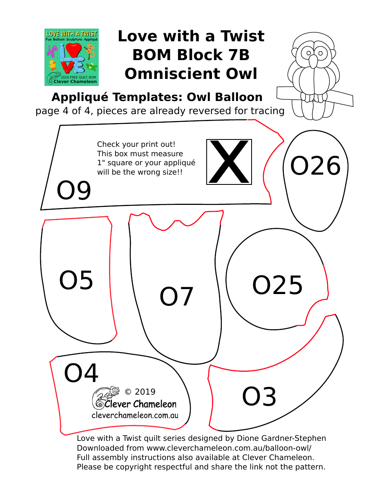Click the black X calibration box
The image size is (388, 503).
click(229, 162)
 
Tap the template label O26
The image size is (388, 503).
click(315, 166)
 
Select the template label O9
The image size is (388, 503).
click(74, 191)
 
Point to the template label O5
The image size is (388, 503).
click(76, 281)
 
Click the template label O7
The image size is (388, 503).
click(176, 297)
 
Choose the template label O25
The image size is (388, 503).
click(277, 285)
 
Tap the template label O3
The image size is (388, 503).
click(259, 397)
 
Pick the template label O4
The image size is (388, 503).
click(81, 373)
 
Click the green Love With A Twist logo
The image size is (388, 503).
click(71, 57)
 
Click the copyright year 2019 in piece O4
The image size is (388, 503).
click(145, 392)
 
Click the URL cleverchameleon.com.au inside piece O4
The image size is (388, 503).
click(135, 415)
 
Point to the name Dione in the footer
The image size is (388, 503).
click(249, 438)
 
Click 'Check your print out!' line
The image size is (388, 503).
click(136, 144)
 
